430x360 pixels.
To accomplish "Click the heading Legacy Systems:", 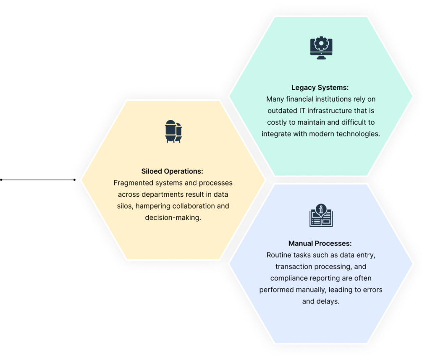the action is point(320,88).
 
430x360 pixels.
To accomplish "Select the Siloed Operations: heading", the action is point(172,171).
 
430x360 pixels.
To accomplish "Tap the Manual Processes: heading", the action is point(320,243).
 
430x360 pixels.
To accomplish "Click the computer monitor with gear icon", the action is point(321,48).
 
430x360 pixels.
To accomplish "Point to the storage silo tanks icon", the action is point(173,131).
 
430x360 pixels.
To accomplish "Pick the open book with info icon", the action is point(321,215).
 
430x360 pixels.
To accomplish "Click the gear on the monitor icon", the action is point(321,43).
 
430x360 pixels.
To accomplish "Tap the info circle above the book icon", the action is point(321,209).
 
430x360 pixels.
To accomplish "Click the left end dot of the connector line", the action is point(1,180).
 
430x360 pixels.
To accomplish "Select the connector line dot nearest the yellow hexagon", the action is point(75,180).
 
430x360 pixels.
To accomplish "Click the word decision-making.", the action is point(173,217).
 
